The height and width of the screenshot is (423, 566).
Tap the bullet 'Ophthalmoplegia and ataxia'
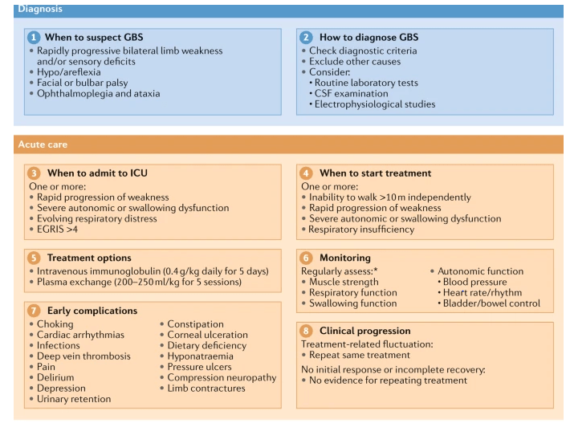click(99, 93)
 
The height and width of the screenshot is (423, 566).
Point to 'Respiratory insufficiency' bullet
click(362, 230)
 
